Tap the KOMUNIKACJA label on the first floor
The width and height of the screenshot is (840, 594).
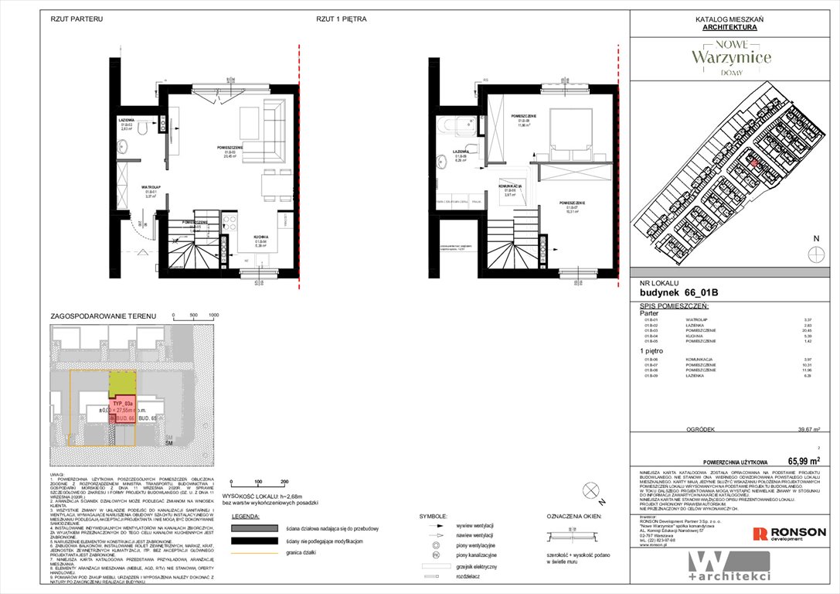510,187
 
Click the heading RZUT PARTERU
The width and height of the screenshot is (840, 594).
77,18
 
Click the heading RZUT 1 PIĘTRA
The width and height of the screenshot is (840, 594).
341,18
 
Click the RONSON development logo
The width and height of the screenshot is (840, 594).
789,533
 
